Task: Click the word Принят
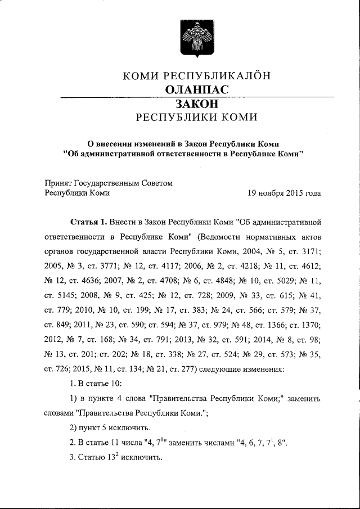click(x=57, y=183)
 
